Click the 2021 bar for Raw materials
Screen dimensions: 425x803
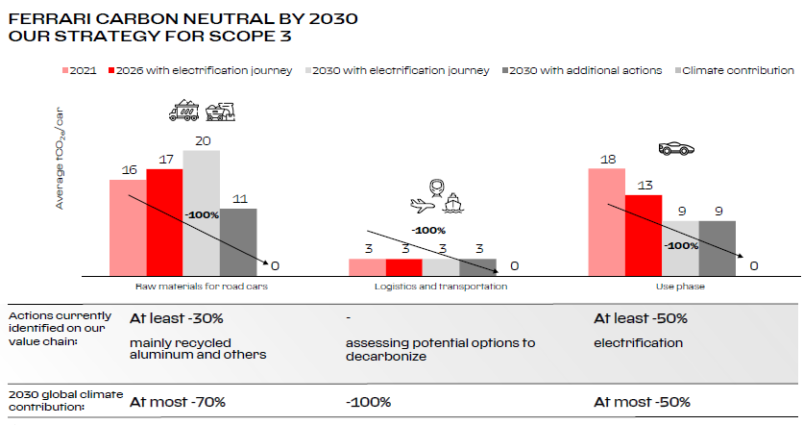128,226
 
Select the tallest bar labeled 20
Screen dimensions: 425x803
202,212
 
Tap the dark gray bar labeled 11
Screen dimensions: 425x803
238,240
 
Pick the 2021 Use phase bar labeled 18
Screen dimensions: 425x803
607,221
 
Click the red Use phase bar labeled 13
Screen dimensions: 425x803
644,234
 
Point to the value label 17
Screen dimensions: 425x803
164,160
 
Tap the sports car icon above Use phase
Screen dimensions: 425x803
676,149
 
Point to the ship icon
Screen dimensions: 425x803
452,203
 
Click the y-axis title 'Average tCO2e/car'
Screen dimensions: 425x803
61,159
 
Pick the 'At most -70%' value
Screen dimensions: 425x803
178,401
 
